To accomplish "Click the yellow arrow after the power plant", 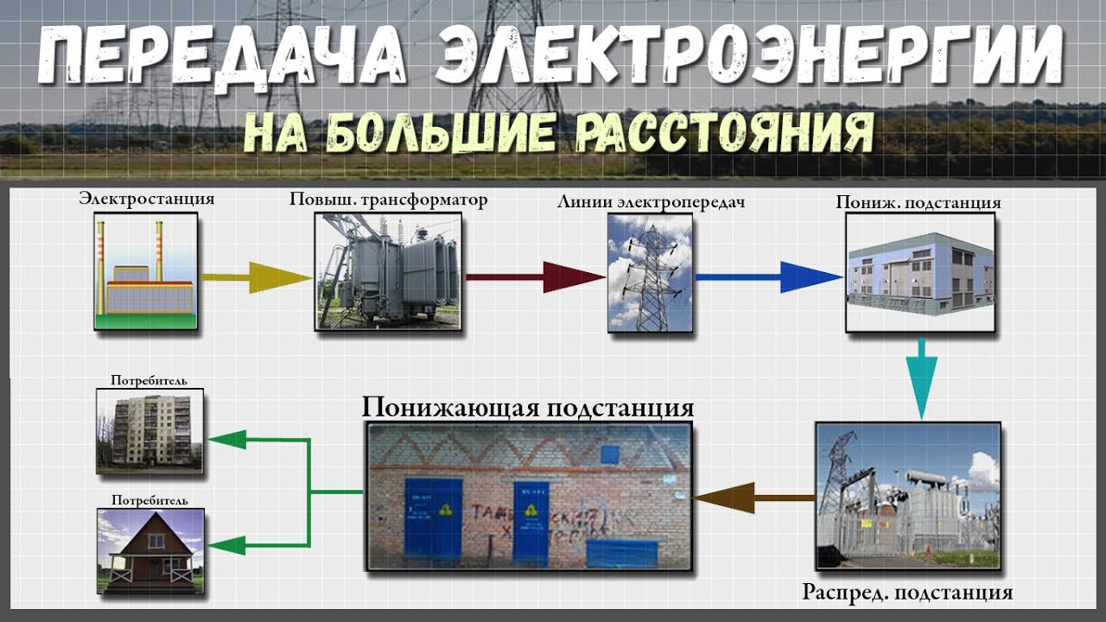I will coord(256,277).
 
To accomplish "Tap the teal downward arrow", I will coord(922,380).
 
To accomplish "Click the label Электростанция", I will coord(146,199).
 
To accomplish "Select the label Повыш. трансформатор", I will coord(388,200).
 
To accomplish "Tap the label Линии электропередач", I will coord(652,202).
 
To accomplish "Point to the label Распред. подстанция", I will coord(907,593).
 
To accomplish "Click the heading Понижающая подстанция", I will coord(528,407).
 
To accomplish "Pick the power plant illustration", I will coord(145,272).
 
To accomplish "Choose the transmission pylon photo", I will coord(650,273).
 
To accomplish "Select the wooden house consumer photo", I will coord(149,549).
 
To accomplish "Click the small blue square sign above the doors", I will coord(611,454).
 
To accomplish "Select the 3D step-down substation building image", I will coord(919,273).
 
